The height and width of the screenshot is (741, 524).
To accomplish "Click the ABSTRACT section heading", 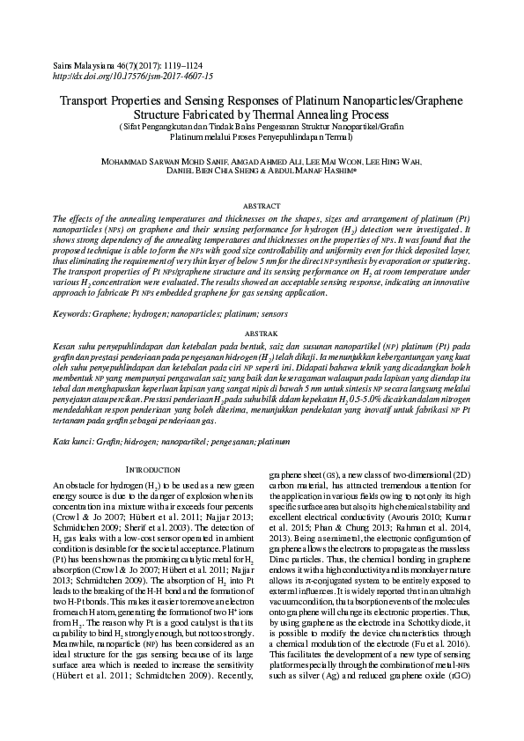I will pos(262,204).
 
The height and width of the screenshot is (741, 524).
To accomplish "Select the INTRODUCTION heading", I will pos(155,471).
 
